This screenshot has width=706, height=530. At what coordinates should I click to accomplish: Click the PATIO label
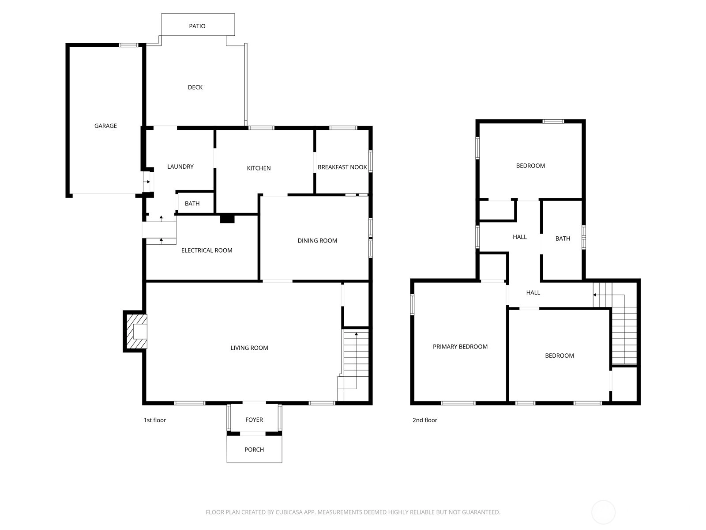[x=197, y=26]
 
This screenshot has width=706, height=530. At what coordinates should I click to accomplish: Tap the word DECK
[x=195, y=87]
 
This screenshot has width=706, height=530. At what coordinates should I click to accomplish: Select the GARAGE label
[x=105, y=126]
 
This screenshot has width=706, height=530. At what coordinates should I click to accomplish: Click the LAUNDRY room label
[x=180, y=167]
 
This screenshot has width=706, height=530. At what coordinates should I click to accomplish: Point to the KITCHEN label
[x=259, y=168]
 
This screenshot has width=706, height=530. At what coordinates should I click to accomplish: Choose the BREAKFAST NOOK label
[x=342, y=167]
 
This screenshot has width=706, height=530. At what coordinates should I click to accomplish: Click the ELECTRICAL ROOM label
[x=207, y=251]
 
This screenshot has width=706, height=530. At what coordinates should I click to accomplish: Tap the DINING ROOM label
[x=317, y=241]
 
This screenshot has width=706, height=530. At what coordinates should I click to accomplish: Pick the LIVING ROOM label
[x=249, y=348]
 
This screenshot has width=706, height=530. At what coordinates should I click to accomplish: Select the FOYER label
[x=254, y=420]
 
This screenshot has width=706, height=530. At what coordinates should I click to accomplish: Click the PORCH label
[x=254, y=450]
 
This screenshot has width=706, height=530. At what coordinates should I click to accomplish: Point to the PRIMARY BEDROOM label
[x=460, y=347]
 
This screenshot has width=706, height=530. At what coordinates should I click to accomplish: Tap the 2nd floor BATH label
[x=563, y=239]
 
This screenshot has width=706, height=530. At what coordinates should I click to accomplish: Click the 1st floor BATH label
[x=192, y=204]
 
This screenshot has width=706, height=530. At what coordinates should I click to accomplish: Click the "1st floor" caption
[x=155, y=420]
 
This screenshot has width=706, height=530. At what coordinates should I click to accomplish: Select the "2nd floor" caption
[x=424, y=420]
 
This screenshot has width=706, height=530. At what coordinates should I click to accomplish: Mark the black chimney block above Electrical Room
[x=227, y=219]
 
